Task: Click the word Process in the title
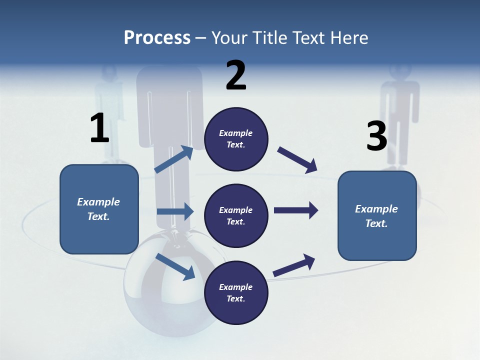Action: pyautogui.click(x=157, y=38)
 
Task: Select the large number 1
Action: pyautogui.click(x=99, y=128)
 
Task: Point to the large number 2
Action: pyautogui.click(x=236, y=75)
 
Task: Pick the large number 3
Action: pyautogui.click(x=376, y=136)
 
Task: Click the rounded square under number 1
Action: pyautogui.click(x=99, y=209)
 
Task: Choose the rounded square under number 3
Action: pyautogui.click(x=377, y=215)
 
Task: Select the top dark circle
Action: pyautogui.click(x=236, y=139)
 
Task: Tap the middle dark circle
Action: pyautogui.click(x=236, y=215)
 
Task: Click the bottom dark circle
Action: pyautogui.click(x=236, y=292)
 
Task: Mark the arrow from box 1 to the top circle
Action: pyautogui.click(x=174, y=159)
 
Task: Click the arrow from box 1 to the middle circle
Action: pyautogui.click(x=175, y=211)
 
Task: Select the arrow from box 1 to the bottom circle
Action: pyautogui.click(x=175, y=266)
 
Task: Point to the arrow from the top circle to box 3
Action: pyautogui.click(x=297, y=160)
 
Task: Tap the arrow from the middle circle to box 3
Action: pyautogui.click(x=296, y=210)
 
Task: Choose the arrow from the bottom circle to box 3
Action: pyautogui.click(x=294, y=265)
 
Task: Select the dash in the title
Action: pyautogui.click(x=201, y=38)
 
